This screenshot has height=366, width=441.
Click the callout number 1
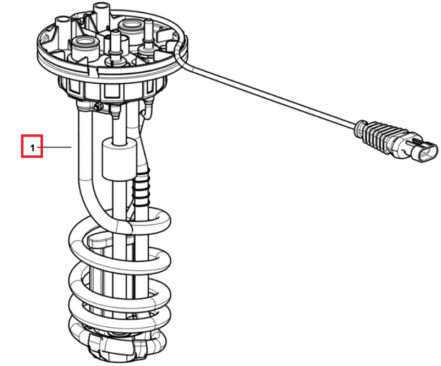click(33, 147)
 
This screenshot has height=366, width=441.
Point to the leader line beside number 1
click(55, 147)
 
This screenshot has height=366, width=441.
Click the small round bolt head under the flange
click(98, 107)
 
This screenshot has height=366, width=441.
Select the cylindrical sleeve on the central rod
click(119, 159)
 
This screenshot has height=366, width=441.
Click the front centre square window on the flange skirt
click(112, 91)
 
